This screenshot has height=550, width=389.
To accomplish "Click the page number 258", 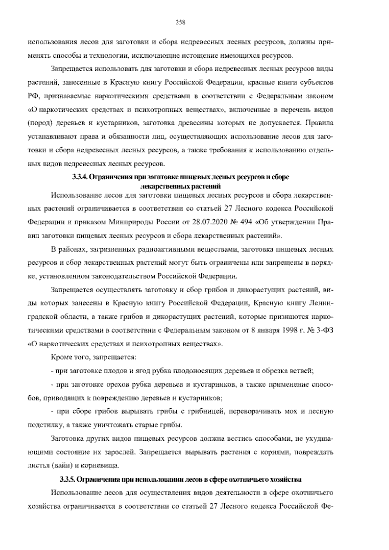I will pyautogui.click(x=180, y=22).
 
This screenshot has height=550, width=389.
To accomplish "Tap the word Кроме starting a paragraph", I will pyautogui.click(x=60, y=358).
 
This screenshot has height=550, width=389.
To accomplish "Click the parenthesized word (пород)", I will pyautogui.click(x=38, y=124).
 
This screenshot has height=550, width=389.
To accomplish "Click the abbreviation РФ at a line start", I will pyautogui.click(x=32, y=96).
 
